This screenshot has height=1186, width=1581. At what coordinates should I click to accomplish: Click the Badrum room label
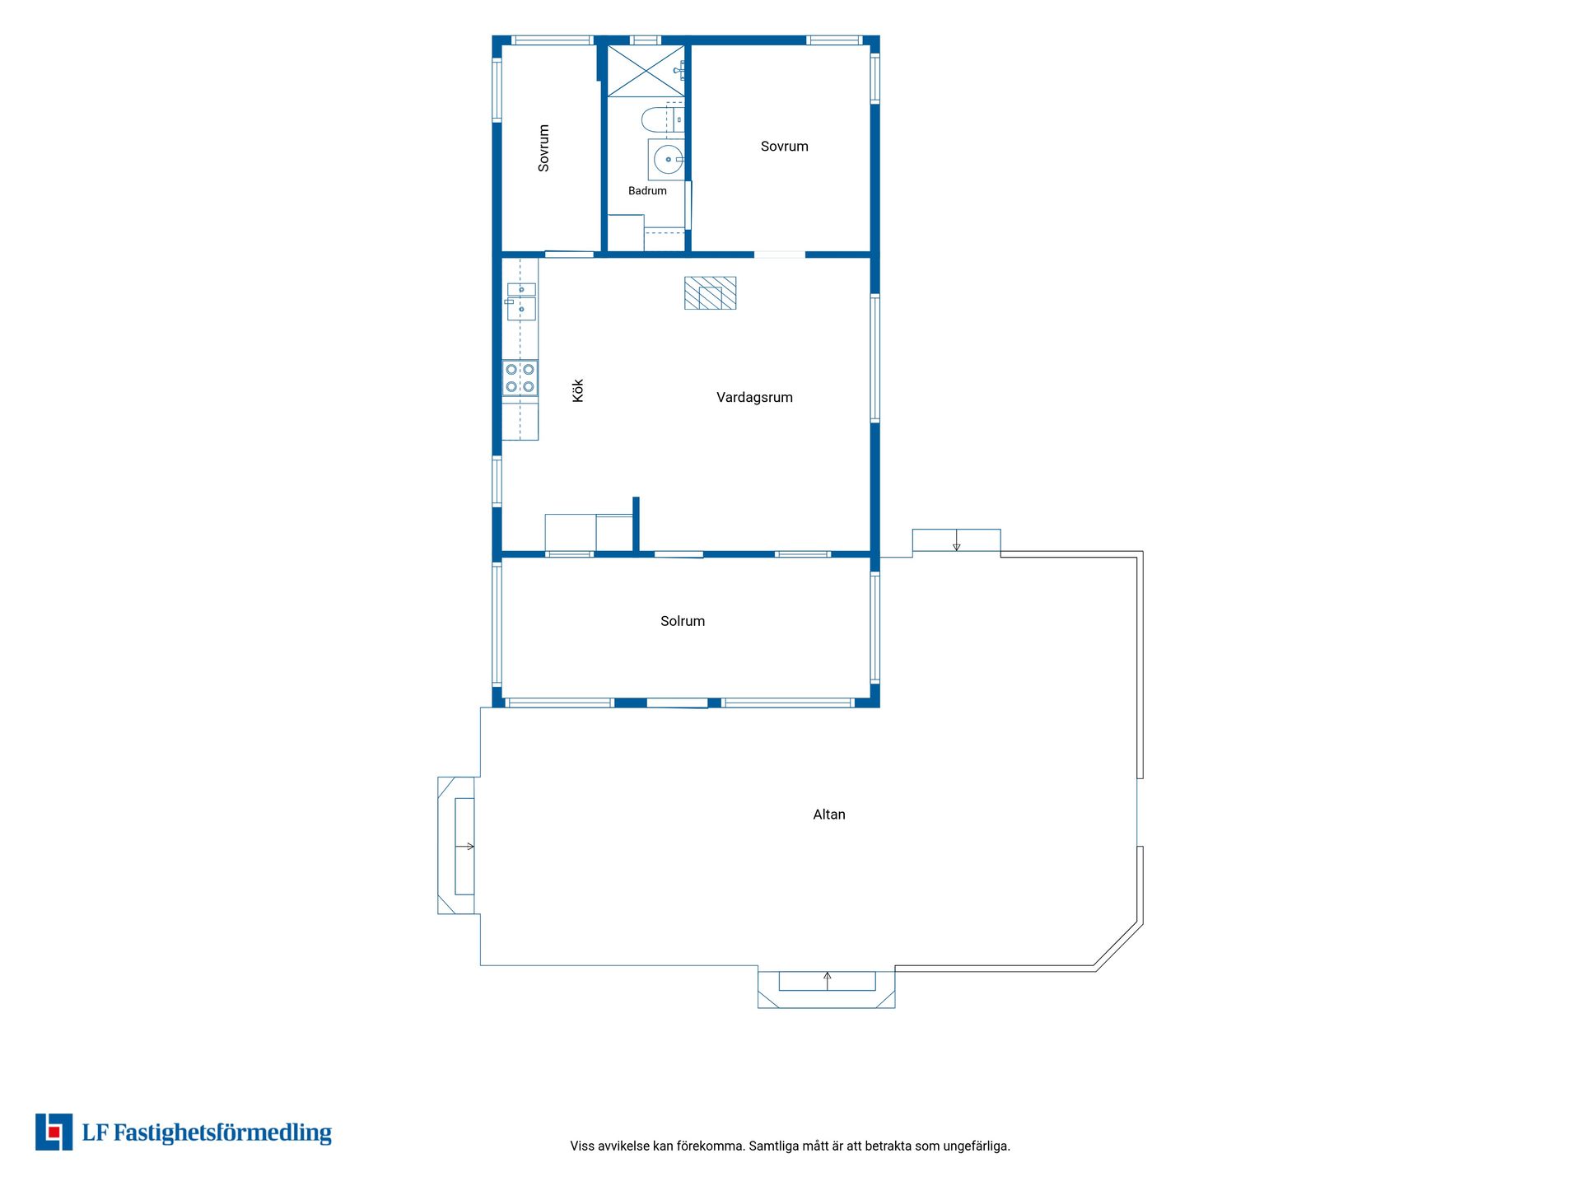tap(647, 191)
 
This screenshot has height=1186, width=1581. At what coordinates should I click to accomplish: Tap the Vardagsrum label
tap(754, 397)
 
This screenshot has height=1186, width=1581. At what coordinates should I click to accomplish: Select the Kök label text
tap(578, 390)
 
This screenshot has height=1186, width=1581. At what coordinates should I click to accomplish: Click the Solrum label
tap(683, 621)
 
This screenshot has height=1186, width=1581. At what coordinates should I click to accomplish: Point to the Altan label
tap(829, 815)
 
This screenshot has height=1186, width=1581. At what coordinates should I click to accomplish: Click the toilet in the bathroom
tap(662, 120)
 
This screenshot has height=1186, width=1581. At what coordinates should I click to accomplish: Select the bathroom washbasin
tap(667, 159)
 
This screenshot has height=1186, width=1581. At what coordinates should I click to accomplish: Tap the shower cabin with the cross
tap(646, 72)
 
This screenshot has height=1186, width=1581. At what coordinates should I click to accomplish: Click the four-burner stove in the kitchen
tap(520, 378)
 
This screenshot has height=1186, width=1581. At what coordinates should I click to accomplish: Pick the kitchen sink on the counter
tap(521, 301)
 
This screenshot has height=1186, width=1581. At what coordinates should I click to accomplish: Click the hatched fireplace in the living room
tap(710, 293)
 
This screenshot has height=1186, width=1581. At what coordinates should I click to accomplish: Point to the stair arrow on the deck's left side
tap(465, 846)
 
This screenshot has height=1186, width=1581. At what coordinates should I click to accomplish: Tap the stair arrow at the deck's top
tap(956, 541)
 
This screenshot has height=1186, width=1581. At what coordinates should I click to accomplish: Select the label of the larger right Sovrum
tap(784, 147)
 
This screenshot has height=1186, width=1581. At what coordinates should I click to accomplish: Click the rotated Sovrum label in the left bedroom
tap(543, 148)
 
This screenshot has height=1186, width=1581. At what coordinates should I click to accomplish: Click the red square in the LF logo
tap(54, 1132)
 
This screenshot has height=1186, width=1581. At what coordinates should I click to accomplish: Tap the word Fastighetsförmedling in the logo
tap(222, 1133)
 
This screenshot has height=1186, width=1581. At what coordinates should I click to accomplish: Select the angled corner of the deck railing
tap(1119, 946)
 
